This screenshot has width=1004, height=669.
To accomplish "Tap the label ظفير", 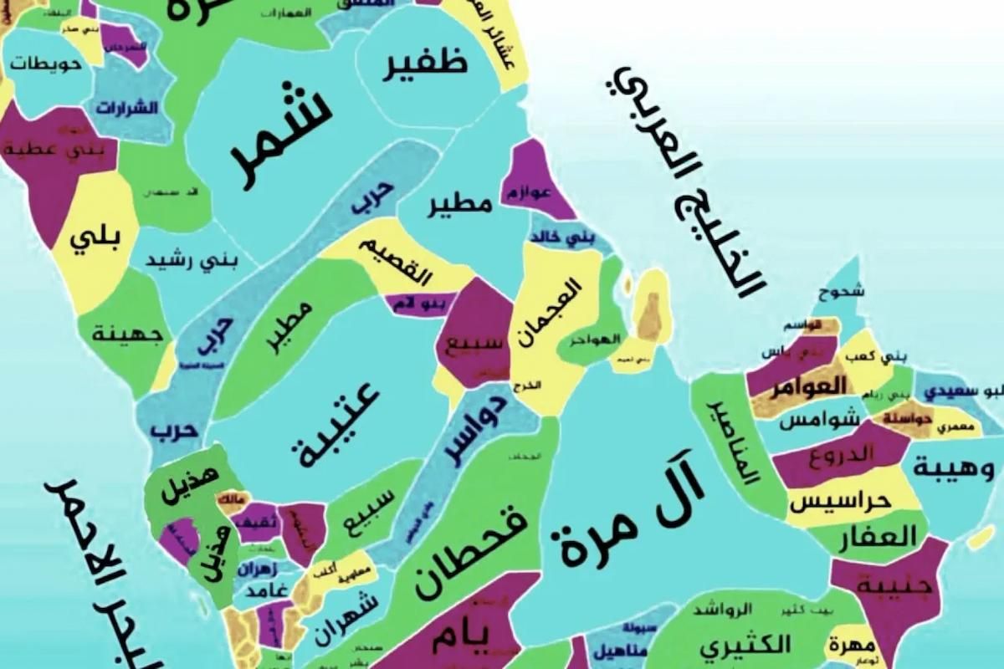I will pos(425,67).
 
